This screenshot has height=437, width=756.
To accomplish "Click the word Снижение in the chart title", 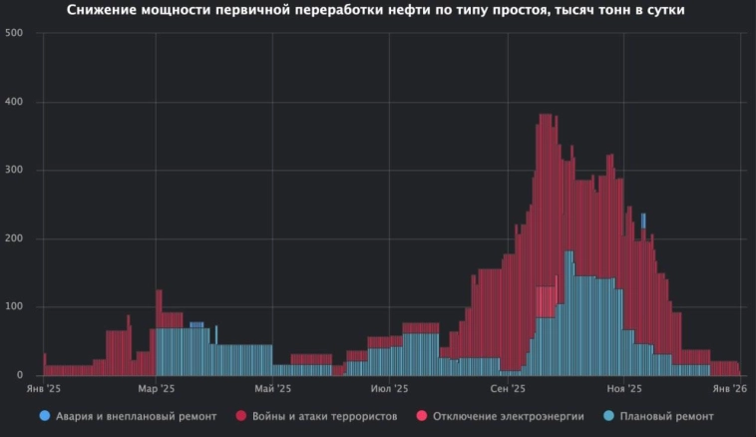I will (x=108, y=10).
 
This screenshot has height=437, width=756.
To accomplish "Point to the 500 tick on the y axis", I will (x=14, y=34).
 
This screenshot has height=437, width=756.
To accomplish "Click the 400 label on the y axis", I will (x=14, y=102).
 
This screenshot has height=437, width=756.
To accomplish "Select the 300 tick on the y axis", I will (x=14, y=171).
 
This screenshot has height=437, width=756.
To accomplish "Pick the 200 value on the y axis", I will (x=14, y=238).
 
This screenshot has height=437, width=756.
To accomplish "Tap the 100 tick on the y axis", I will (x=14, y=307).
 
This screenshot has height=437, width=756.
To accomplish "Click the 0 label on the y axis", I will (x=19, y=375).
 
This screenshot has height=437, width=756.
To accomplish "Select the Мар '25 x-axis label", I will (x=156, y=389).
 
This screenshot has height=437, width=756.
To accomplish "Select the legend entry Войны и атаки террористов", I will (x=317, y=415).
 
